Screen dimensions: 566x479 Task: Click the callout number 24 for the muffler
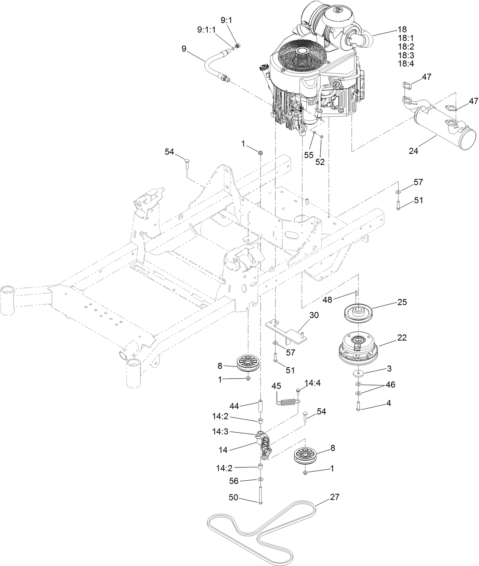click(x=413, y=151)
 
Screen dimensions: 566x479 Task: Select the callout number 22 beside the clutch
click(x=402, y=337)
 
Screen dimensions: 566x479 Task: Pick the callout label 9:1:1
click(x=206, y=29)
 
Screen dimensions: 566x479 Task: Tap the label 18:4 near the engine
click(x=406, y=64)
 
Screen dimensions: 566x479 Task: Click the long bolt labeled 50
click(x=260, y=495)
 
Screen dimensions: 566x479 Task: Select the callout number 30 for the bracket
click(x=314, y=315)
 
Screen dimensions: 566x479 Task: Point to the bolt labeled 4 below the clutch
click(x=359, y=405)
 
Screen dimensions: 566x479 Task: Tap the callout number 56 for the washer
click(x=233, y=481)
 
